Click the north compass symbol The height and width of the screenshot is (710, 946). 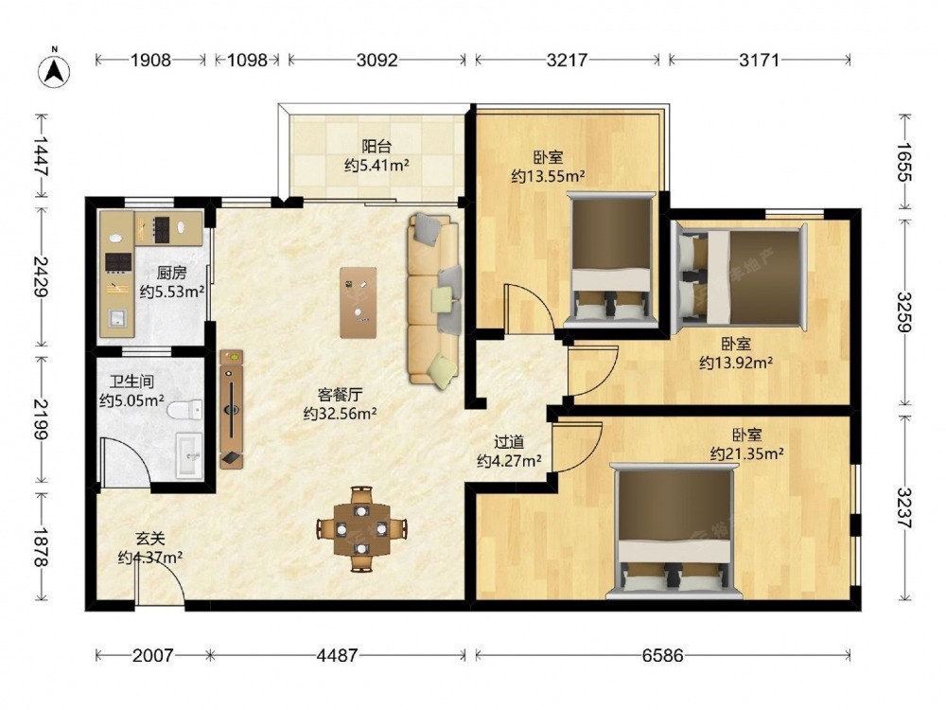pyautogui.click(x=54, y=71)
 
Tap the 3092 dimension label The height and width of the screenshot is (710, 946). pyautogui.click(x=377, y=60)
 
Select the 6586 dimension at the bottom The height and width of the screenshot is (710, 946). pyautogui.click(x=662, y=655)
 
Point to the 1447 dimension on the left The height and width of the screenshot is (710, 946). pyautogui.click(x=41, y=156)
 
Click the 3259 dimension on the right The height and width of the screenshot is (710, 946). pyautogui.click(x=904, y=311)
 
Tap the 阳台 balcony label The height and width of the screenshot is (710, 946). pyautogui.click(x=377, y=146)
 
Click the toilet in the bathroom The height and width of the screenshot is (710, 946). pyautogui.click(x=185, y=411)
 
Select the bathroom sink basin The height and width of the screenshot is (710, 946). pyautogui.click(x=190, y=456)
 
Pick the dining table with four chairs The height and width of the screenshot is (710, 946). pyautogui.click(x=361, y=529)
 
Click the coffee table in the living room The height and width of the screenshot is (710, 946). pyautogui.click(x=359, y=303)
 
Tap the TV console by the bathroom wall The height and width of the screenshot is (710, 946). pyautogui.click(x=232, y=409)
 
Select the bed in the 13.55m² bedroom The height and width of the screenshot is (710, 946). pyautogui.click(x=612, y=256)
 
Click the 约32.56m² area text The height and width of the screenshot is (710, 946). pyautogui.click(x=341, y=414)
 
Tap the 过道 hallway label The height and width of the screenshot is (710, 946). pyautogui.click(x=509, y=442)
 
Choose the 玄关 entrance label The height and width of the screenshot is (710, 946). pyautogui.click(x=149, y=539)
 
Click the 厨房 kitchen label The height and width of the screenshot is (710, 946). pyautogui.click(x=172, y=273)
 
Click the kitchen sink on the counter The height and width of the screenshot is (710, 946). pyautogui.click(x=117, y=317)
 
